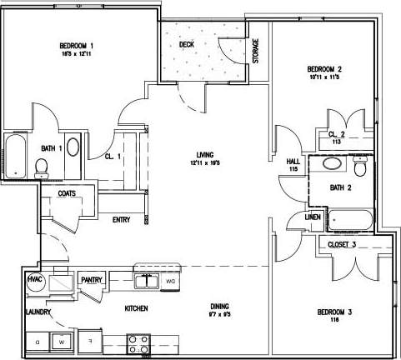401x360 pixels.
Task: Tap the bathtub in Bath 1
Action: [x=15, y=156]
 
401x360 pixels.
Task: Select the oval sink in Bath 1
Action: [x=73, y=148]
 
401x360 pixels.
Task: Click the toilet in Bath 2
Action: [x=360, y=169]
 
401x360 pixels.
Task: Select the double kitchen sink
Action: [x=147, y=281]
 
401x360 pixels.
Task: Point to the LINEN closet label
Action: [x=313, y=217]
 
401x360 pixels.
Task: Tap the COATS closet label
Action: [x=68, y=194]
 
